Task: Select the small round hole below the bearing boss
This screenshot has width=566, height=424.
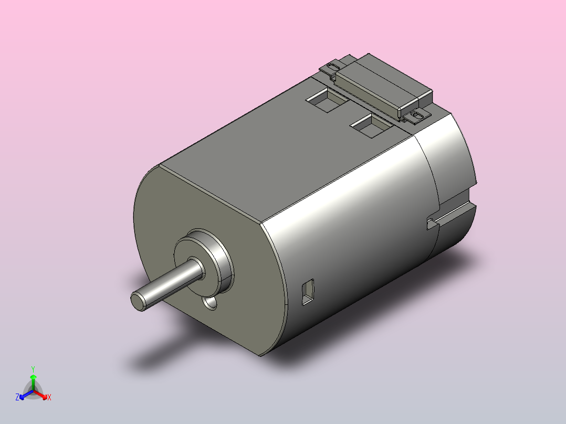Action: (x=211, y=303)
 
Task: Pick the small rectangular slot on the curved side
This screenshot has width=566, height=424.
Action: (x=307, y=292)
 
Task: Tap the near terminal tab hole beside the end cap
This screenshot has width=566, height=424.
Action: (x=418, y=114)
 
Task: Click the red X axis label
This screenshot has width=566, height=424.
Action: (x=49, y=398)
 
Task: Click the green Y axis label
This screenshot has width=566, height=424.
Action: (x=33, y=368)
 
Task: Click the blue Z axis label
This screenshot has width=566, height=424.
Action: (x=17, y=398)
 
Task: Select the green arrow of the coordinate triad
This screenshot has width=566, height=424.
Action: (x=33, y=380)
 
